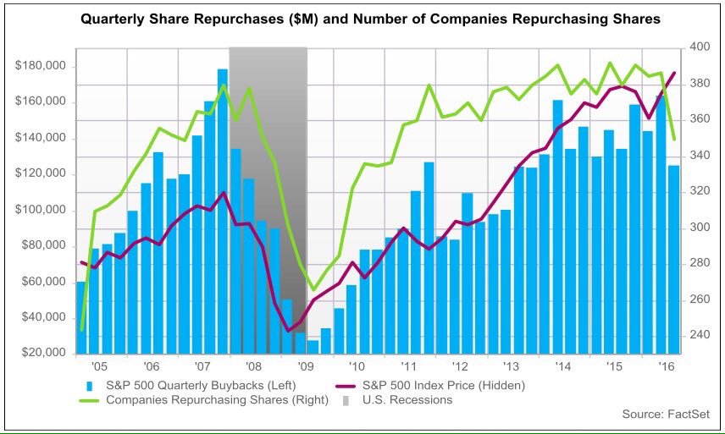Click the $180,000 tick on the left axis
point(40,65)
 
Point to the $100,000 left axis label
point(40,210)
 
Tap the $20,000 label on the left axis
point(44,353)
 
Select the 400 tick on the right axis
point(699,47)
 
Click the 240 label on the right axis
point(699,335)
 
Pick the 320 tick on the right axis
point(699,190)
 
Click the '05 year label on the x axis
point(99,366)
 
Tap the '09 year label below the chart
point(306,366)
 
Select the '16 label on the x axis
point(667,366)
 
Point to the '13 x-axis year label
point(512,366)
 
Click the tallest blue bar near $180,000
point(223,212)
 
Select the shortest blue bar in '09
point(313,347)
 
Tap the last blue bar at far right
point(673,260)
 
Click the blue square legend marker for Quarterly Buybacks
point(90,386)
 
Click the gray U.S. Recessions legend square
point(346,400)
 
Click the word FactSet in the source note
point(689,415)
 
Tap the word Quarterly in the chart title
point(107,19)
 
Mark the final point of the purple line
point(674,73)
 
